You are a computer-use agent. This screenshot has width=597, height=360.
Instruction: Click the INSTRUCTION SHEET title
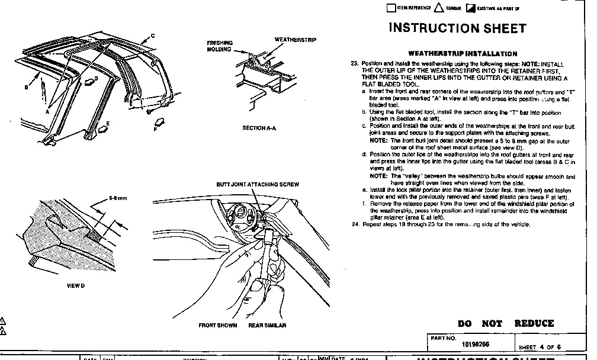point(457,28)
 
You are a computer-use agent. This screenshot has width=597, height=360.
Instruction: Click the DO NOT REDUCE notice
point(506,323)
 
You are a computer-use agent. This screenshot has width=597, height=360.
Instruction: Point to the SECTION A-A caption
point(259,128)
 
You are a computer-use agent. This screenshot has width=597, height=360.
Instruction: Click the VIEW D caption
point(75,286)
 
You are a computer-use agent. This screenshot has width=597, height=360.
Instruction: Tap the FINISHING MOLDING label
point(219,46)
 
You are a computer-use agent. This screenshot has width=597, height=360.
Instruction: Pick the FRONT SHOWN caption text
point(217,326)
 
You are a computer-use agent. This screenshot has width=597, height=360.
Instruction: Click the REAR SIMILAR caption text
point(267,326)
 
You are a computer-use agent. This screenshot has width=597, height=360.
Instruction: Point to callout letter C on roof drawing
point(153,36)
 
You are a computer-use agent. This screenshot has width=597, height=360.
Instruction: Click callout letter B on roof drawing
point(26,87)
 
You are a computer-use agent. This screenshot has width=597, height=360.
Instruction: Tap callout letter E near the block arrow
point(108,124)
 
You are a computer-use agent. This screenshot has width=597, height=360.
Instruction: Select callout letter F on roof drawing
point(155,128)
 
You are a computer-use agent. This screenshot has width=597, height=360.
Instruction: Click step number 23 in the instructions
point(354,63)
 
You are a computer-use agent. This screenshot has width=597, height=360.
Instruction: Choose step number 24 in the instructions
point(354,224)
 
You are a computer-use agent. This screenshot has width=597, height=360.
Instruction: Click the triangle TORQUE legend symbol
point(439,8)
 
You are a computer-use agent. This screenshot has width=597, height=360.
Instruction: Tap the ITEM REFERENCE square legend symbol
point(390,8)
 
